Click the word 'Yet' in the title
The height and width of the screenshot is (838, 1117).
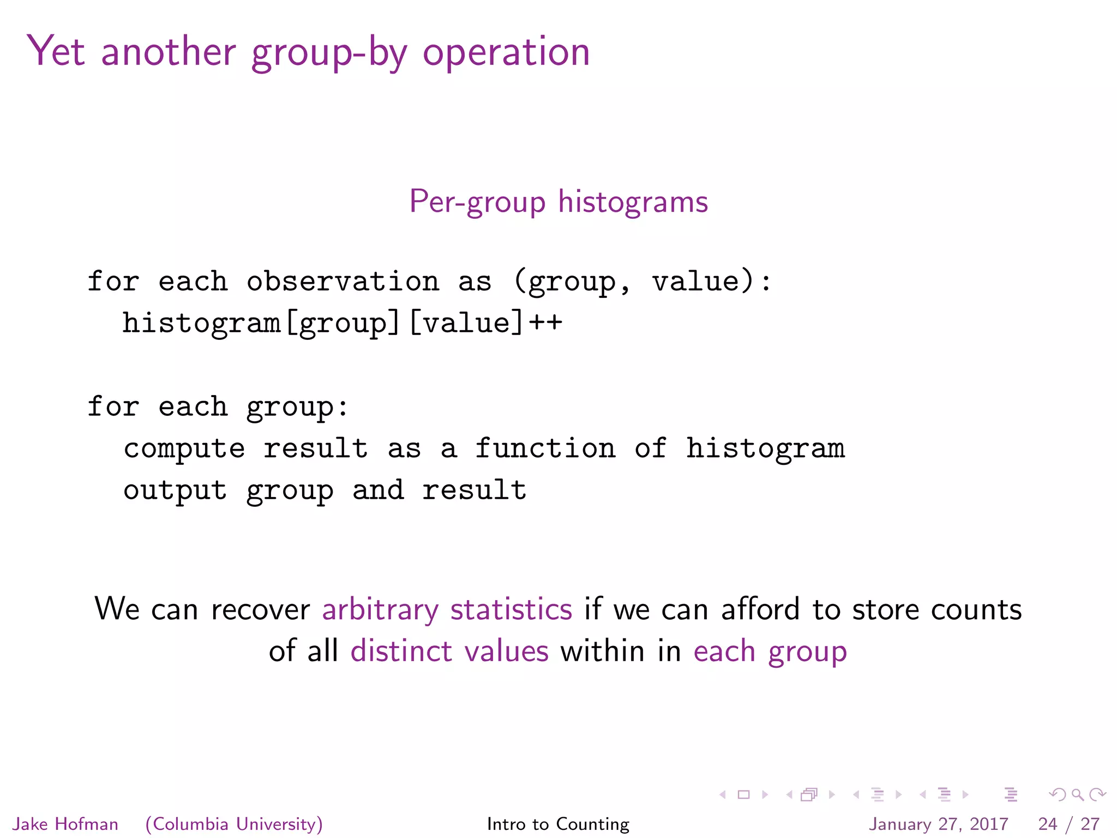[56, 51]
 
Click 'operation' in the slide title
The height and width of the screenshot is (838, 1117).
[506, 52]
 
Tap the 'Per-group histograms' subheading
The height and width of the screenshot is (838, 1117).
[558, 201]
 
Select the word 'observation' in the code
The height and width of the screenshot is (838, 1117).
[343, 282]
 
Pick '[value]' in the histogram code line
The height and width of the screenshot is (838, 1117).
[466, 323]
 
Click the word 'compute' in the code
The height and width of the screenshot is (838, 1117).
[184, 448]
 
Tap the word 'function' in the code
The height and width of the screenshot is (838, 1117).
[545, 448]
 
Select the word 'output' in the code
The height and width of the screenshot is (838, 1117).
[175, 490]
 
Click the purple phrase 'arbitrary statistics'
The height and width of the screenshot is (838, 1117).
[447, 609]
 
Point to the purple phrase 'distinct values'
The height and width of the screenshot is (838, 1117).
[449, 651]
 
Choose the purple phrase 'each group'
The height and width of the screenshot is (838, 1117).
[770, 651]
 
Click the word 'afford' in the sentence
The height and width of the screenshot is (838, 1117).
[760, 609]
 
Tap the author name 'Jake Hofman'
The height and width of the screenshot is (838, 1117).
[65, 824]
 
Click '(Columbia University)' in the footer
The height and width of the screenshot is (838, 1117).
[234, 824]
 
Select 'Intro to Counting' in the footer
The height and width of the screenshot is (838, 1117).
[558, 824]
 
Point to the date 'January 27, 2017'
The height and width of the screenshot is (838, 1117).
[938, 824]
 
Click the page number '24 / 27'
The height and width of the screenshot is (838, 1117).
[1068, 824]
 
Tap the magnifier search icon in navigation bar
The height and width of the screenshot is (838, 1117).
[1077, 795]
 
